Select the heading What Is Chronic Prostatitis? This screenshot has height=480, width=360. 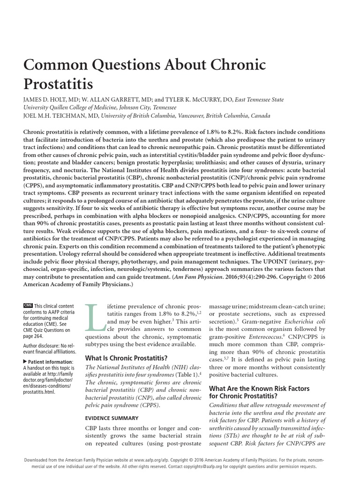119,358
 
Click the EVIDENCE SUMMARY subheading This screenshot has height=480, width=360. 111,418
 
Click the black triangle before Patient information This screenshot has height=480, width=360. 25,362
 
